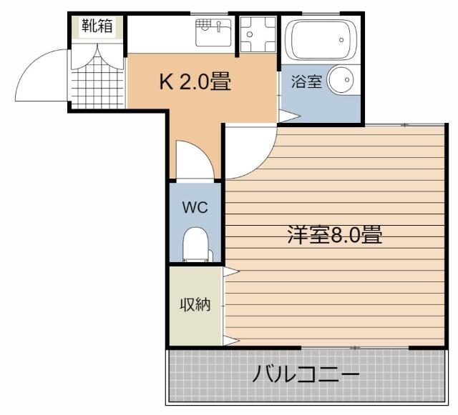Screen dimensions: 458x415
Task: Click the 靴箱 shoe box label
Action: click(97, 26)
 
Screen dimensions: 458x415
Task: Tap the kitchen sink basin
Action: click(213, 32)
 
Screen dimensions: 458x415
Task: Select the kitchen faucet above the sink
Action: click(218, 26)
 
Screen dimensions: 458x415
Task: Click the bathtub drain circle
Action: click(341, 40)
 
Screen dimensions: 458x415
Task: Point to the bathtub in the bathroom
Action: click(321, 39)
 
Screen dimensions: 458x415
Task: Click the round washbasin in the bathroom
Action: click(341, 79)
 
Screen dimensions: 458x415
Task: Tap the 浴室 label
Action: click(307, 81)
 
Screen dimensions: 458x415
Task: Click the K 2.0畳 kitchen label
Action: click(195, 81)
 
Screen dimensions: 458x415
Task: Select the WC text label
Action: click(195, 207)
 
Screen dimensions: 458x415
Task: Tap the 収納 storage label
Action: click(195, 305)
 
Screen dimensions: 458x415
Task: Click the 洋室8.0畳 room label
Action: click(334, 234)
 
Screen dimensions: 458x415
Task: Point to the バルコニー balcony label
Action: click(306, 374)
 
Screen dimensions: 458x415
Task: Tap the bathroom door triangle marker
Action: click(289, 116)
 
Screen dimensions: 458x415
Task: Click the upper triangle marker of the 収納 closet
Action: click(230, 272)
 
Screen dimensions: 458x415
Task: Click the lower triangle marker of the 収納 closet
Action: click(230, 341)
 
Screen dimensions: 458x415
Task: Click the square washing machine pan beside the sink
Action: click(258, 34)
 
